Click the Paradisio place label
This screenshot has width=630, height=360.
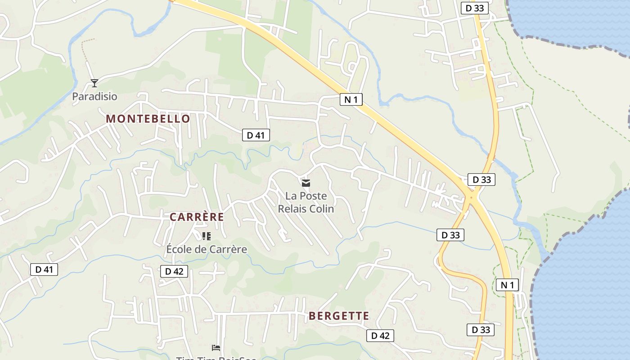[94, 96]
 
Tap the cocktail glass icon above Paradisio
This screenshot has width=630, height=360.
[94, 83]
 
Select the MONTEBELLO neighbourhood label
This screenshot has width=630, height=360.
[148, 119]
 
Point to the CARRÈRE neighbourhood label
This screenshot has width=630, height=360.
[197, 217]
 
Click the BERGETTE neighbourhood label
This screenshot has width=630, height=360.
[339, 316]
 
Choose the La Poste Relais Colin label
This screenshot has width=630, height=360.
[306, 202]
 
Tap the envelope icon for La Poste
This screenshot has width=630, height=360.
[306, 183]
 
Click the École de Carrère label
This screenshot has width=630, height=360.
[207, 249]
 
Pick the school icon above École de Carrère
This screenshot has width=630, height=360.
[207, 236]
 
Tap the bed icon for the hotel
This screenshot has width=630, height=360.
[216, 348]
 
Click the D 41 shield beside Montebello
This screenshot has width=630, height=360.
[256, 135]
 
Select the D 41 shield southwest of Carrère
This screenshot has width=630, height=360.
[44, 270]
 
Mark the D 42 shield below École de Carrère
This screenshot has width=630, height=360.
[174, 271]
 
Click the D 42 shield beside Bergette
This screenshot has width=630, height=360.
[380, 335]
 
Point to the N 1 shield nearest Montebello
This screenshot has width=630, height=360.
[351, 99]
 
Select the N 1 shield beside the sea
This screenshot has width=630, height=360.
[507, 284]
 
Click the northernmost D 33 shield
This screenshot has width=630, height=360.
[475, 8]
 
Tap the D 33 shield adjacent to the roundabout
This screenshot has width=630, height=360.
[481, 180]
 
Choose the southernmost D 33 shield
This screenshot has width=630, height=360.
[481, 329]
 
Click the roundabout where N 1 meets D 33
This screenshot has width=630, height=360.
[471, 197]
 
